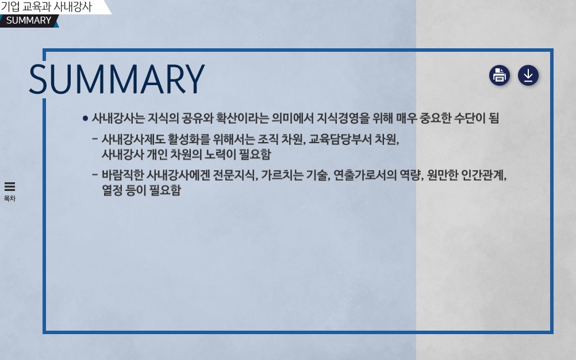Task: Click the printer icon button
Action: [499, 75]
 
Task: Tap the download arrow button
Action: [528, 75]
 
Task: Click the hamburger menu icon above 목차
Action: [10, 186]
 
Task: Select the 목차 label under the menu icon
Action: [10, 198]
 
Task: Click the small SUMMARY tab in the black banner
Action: [29, 20]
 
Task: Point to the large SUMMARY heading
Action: [117, 79]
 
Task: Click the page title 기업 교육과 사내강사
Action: [47, 6]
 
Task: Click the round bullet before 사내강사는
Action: [85, 118]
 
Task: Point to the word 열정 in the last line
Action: [113, 190]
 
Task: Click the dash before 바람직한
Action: [95, 175]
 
